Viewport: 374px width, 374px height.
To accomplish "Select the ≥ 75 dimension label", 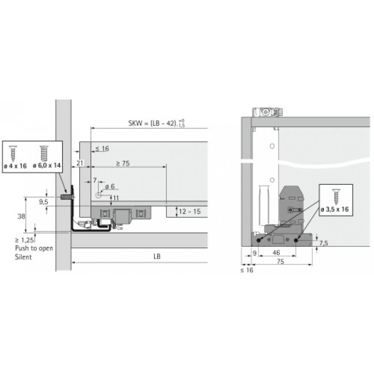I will coord(123,163).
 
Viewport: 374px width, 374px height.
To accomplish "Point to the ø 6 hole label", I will coord(110,186).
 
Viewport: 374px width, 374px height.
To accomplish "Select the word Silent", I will coord(24,257).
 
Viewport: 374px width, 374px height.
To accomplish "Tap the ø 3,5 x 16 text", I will coord(335,209).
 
